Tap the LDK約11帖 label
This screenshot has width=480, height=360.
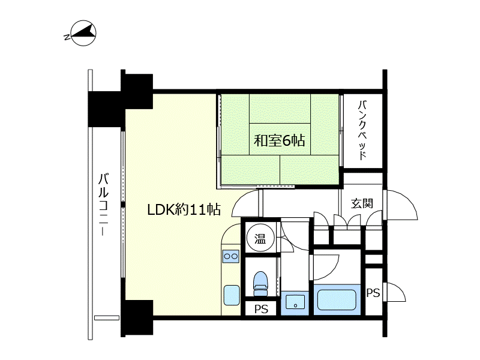184,209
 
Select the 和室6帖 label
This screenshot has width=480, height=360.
279,140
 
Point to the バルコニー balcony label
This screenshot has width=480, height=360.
103,205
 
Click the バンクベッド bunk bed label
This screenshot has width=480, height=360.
362,130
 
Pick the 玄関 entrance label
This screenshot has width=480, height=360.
362,203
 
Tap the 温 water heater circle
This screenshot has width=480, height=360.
260,238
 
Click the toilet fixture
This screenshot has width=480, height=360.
261,283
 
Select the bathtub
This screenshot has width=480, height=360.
337,300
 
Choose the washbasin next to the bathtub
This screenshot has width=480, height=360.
295,302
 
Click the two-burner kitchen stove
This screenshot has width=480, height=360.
231,256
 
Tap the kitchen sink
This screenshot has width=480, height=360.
232,295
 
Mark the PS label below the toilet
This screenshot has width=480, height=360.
261,309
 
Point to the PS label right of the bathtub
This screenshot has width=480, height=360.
373,293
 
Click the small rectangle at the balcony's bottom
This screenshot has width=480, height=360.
107,318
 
